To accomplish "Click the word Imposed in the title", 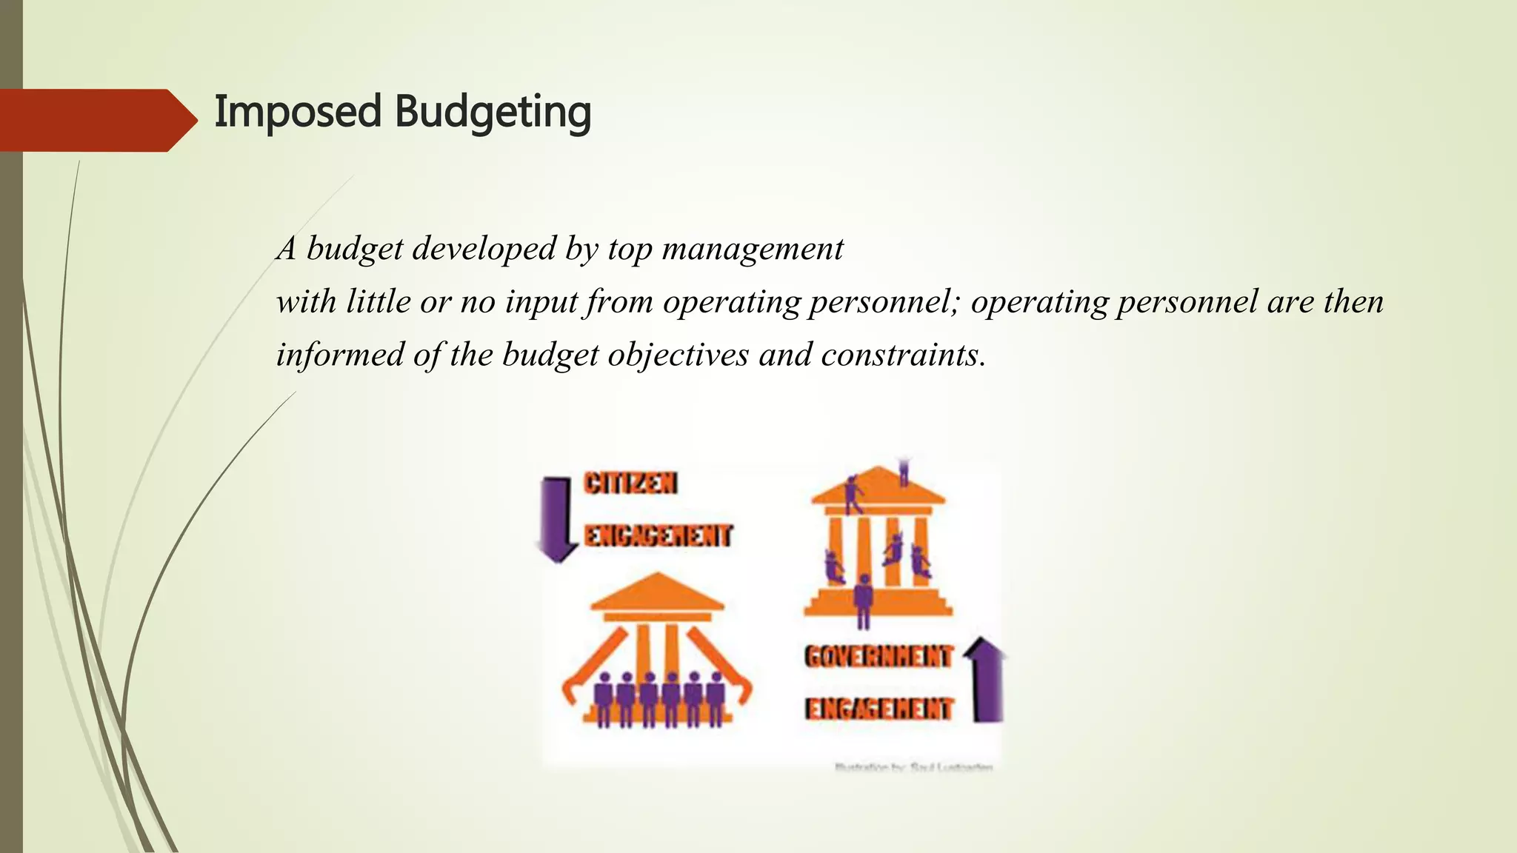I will pos(297,113).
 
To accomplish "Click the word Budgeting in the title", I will pos(493,113).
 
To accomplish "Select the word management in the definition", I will pos(753,249).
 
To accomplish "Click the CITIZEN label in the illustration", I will pos(630,484).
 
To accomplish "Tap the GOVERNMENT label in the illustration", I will pos(878,656).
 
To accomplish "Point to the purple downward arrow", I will pos(556,519).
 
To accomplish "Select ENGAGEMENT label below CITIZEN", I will pos(659,535).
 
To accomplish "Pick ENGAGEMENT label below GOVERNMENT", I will pos(878,709).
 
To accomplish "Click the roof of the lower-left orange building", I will pos(657,592).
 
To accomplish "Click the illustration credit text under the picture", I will pos(914,767).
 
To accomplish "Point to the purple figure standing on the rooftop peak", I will pos(904,472).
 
